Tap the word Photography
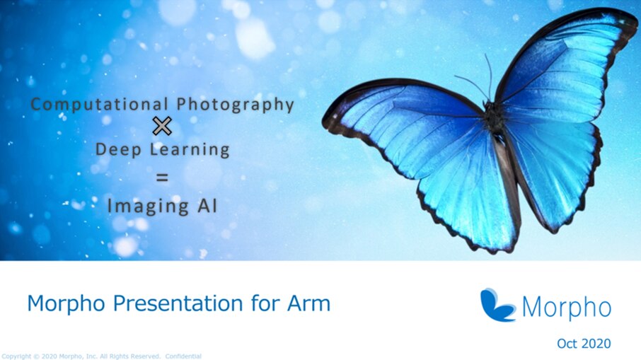pos(235,105)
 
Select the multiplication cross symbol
pos(163,127)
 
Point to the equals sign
pos(163,178)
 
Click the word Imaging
pos(146,206)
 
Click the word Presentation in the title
pos(180,303)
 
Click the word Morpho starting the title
pos(62,303)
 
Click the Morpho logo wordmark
pos(567,307)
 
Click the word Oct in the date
pos(567,344)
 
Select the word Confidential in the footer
pos(183,356)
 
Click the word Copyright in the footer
pos(16,356)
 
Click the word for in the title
pos(266,303)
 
